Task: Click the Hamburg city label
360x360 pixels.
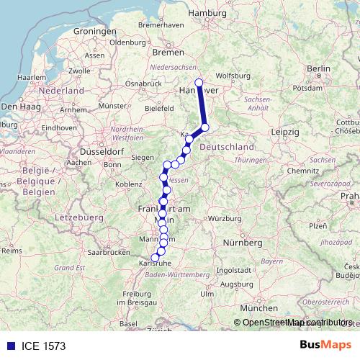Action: pyautogui.click(x=208, y=13)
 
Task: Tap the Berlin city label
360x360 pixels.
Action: pyautogui.click(x=318, y=68)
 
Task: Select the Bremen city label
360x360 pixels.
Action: pyautogui.click(x=168, y=52)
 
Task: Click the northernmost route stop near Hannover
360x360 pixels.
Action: pyautogui.click(x=199, y=83)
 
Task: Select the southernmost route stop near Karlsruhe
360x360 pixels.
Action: pyautogui.click(x=155, y=257)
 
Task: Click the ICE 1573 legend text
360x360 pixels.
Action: pyautogui.click(x=42, y=346)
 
